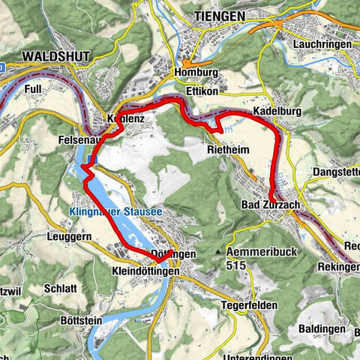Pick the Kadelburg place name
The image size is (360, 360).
click(277, 111)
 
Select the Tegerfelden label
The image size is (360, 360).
click(249, 305)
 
